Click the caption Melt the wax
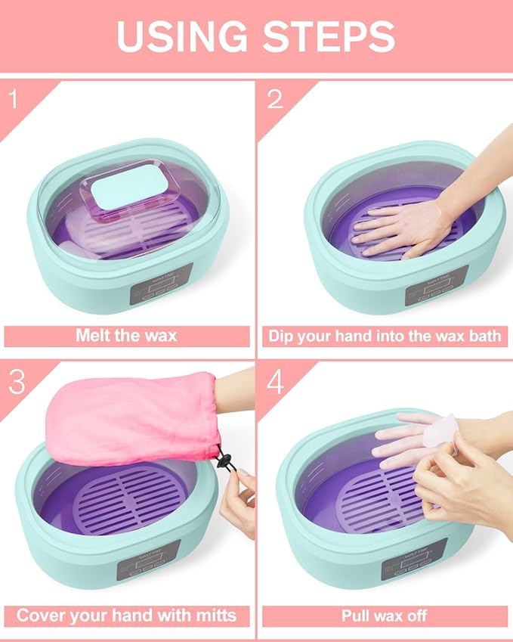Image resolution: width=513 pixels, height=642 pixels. (127, 336)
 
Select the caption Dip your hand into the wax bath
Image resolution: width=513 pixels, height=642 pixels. (385, 336)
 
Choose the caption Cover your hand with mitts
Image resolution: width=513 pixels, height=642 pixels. (127, 615)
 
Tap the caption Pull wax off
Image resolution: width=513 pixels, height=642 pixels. (385, 615)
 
